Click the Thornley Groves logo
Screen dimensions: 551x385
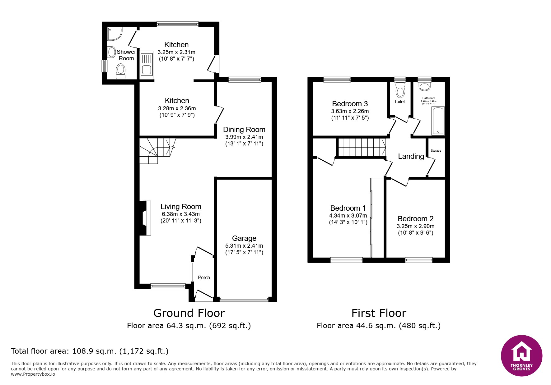pyautogui.click(x=521, y=355)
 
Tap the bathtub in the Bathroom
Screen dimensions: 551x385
pyautogui.click(x=438, y=121)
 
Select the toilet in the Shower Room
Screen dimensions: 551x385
pyautogui.click(x=120, y=71)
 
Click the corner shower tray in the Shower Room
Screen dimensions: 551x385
pyautogui.click(x=114, y=34)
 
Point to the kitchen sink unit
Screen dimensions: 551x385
pyautogui.click(x=146, y=63)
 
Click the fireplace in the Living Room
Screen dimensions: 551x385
pyautogui.click(x=145, y=218)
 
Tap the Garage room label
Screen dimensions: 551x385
pyautogui.click(x=244, y=238)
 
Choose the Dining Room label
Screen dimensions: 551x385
pyautogui.click(x=244, y=130)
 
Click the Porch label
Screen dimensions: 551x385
pyautogui.click(x=204, y=277)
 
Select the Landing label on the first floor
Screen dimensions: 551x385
pyautogui.click(x=411, y=156)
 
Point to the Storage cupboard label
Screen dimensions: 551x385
pyautogui.click(x=436, y=151)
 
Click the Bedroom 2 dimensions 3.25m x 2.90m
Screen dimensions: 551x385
pyautogui.click(x=416, y=226)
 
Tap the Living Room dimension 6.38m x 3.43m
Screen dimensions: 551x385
pyautogui.click(x=181, y=214)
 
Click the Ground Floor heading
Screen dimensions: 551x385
pyautogui.click(x=189, y=313)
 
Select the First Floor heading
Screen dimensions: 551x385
pyautogui.click(x=379, y=313)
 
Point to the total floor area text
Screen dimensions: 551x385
pyautogui.click(x=90, y=351)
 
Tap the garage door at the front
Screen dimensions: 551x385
pyautogui.click(x=244, y=300)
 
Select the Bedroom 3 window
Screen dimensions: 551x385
pyautogui.click(x=337, y=80)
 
